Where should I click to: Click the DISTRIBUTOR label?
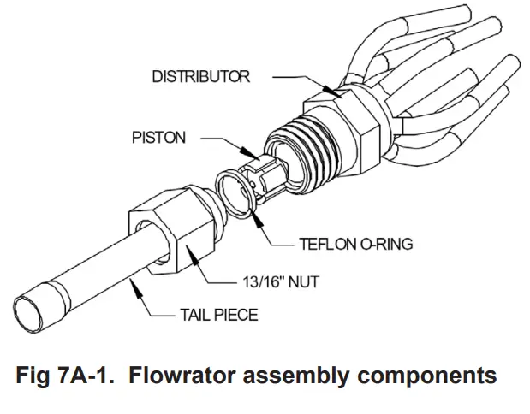pyautogui.click(x=201, y=77)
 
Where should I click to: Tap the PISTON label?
pyautogui.click(x=158, y=138)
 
